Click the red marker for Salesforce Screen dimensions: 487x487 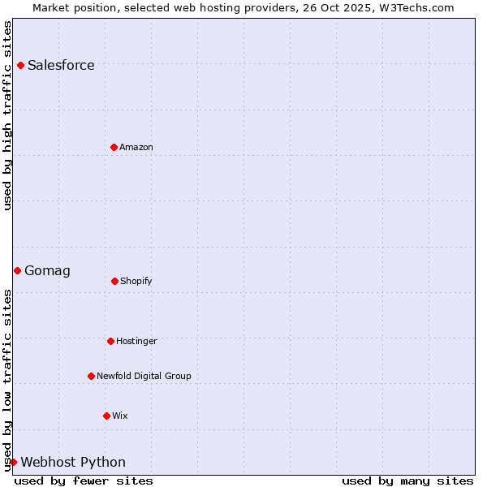click(20, 65)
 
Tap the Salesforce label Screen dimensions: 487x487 click(61, 66)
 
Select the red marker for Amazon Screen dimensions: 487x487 click(114, 147)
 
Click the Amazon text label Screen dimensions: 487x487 click(136, 148)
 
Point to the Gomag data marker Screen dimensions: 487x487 click(17, 270)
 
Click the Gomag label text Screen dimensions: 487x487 click(47, 271)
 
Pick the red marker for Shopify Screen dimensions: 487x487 click(114, 281)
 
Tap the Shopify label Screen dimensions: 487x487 click(136, 282)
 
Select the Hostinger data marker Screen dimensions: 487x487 click(110, 341)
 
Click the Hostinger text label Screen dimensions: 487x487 click(136, 342)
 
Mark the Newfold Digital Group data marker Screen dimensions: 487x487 click(91, 376)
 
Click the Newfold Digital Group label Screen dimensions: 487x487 click(144, 377)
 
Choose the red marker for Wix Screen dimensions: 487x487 click(106, 416)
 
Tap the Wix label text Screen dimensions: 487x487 click(120, 416)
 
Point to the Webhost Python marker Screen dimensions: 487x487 click(13, 462)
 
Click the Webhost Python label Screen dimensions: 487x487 click(73, 463)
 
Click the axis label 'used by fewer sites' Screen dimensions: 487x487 click(84, 481)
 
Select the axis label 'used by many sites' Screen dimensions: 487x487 click(407, 481)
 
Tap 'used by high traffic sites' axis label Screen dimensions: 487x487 click(8, 115)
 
